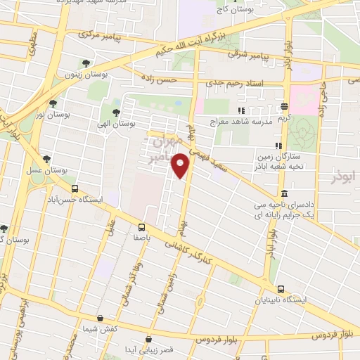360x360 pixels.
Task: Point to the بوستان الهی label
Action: coord(118,123)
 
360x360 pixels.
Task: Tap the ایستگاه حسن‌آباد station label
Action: coord(77,200)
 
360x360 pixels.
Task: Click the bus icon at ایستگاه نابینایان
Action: coord(281,289)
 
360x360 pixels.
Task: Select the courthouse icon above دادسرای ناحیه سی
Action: coord(283,194)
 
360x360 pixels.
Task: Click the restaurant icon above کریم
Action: coord(284,108)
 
